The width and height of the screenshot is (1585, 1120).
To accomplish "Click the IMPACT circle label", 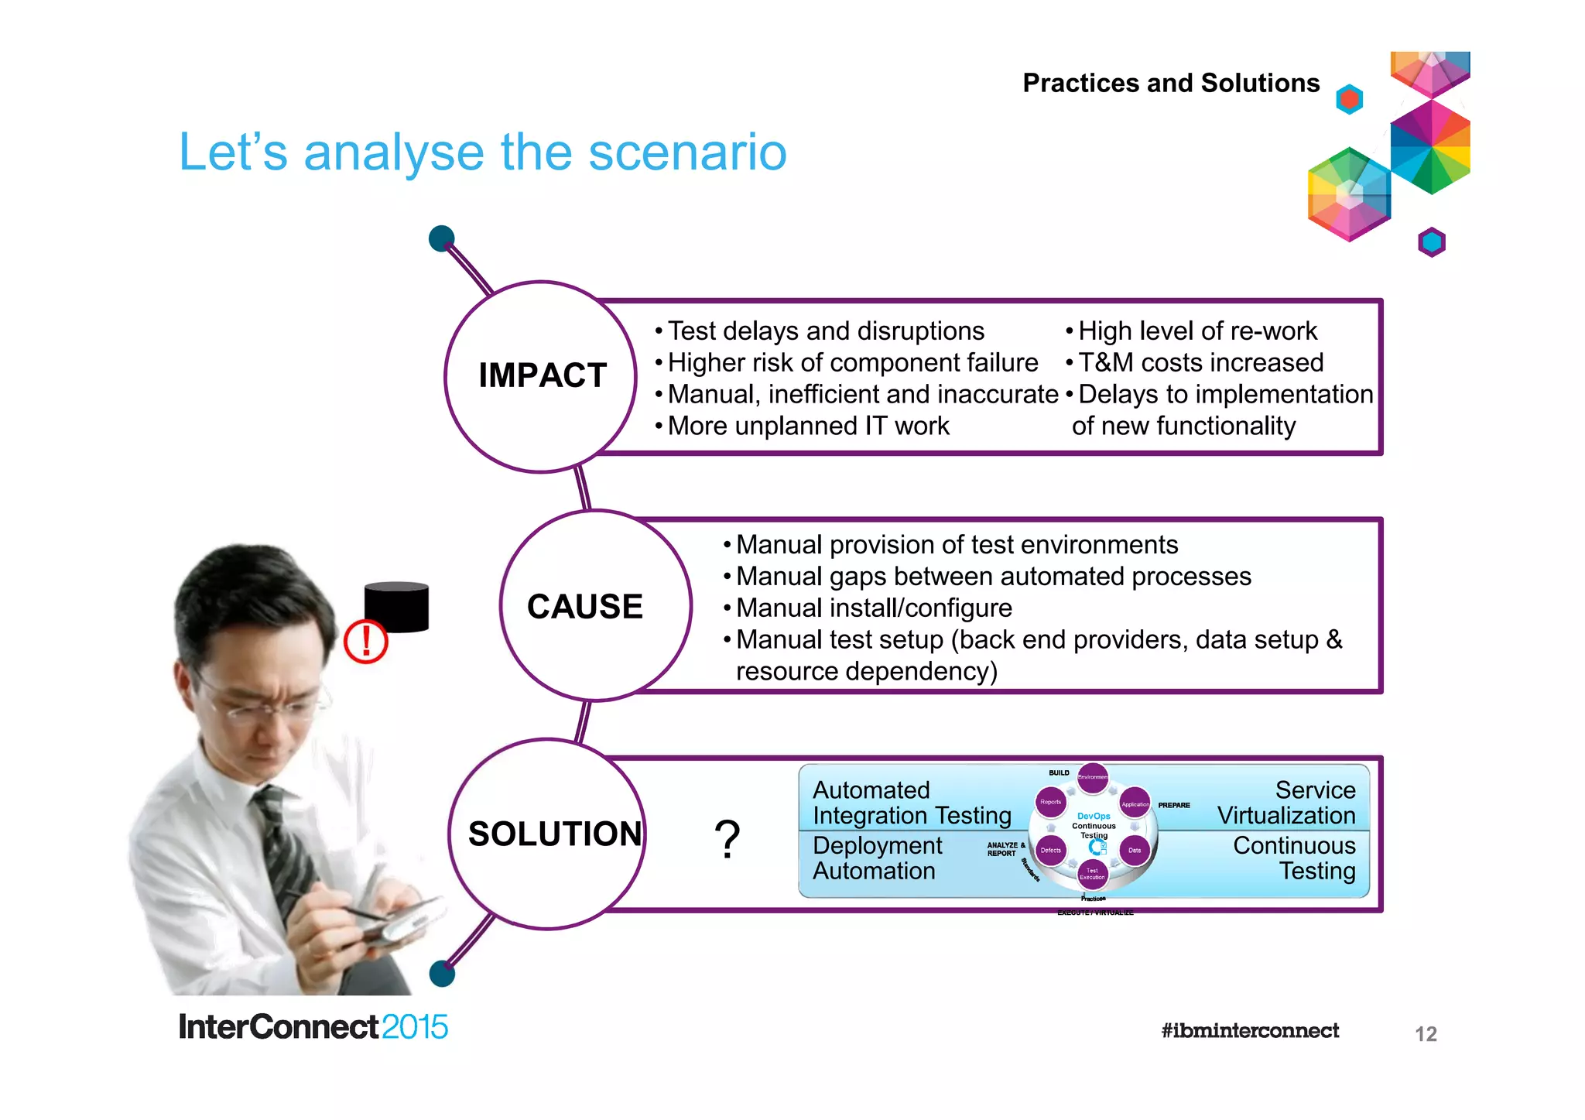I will point(542,375).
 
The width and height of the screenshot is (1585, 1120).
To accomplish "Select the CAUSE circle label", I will point(584,606).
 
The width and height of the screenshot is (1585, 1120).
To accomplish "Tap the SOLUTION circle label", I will point(554,834).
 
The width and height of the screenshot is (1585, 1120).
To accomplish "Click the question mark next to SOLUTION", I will point(727,840).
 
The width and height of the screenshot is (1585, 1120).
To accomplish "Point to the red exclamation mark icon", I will point(365,642).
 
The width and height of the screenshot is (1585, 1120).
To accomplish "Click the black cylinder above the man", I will point(396,607).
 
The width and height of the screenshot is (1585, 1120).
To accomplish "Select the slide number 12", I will point(1425,1034).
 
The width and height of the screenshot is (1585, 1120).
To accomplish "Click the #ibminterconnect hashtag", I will point(1249,1031).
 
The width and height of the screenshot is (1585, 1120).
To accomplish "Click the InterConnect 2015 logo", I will point(313,1027).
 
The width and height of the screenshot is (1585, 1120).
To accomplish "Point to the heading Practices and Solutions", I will point(1170,83).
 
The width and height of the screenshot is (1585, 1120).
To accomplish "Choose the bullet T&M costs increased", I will point(1200,362).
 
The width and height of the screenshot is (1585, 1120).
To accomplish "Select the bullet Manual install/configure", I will point(873,608).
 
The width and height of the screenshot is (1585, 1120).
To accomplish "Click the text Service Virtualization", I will point(1286,803).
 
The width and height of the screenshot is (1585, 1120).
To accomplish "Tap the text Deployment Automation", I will point(876,858).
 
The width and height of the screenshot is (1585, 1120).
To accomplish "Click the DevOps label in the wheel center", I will point(1093,816).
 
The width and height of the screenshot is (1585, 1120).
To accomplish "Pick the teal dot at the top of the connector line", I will point(441,238).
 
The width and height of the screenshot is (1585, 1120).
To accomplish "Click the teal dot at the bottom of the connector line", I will point(442,974).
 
